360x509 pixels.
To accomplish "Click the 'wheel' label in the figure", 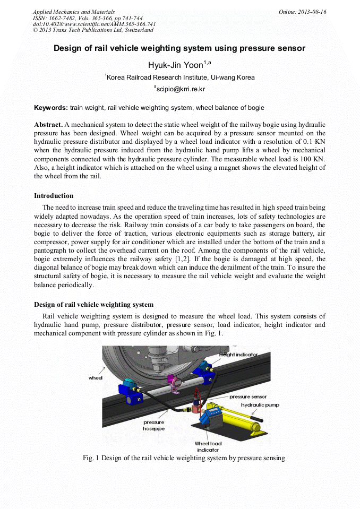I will pos(96,377).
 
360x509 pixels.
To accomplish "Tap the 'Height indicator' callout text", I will pos(238,354).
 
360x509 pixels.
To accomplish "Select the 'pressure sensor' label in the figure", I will pos(248,396).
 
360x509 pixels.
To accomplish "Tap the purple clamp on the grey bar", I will pos(173,381).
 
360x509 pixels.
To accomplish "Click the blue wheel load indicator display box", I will pos(211,412).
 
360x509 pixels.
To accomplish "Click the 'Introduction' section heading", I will pos(54,196).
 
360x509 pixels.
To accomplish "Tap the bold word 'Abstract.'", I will pos(48,124).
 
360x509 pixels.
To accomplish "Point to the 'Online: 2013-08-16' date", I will pos(302,12).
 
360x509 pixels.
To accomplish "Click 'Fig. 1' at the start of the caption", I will pos(91,458).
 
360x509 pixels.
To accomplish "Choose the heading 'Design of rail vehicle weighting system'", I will pos(94,305).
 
